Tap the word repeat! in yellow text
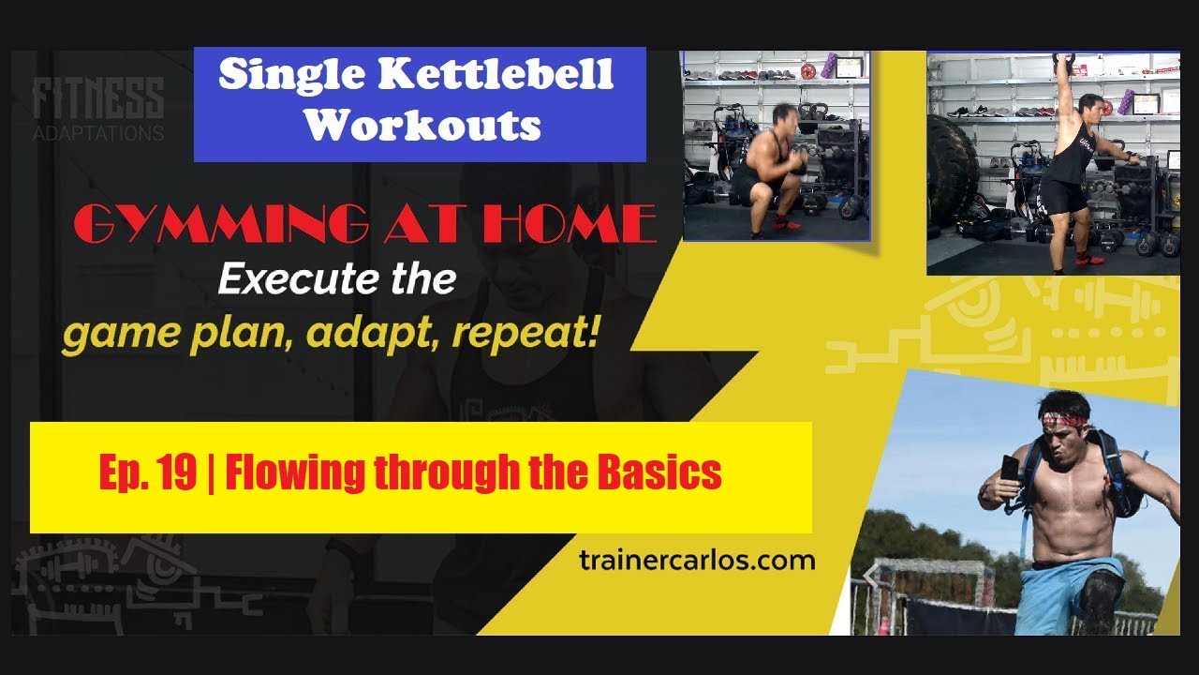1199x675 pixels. [525, 333]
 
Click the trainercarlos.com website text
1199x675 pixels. [697, 561]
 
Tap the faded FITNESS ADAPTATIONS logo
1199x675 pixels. [98, 109]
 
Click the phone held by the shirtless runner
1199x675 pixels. [1009, 468]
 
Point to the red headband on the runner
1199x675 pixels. [1063, 418]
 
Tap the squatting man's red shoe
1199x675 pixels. [786, 222]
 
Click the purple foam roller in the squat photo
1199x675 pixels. [829, 66]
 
